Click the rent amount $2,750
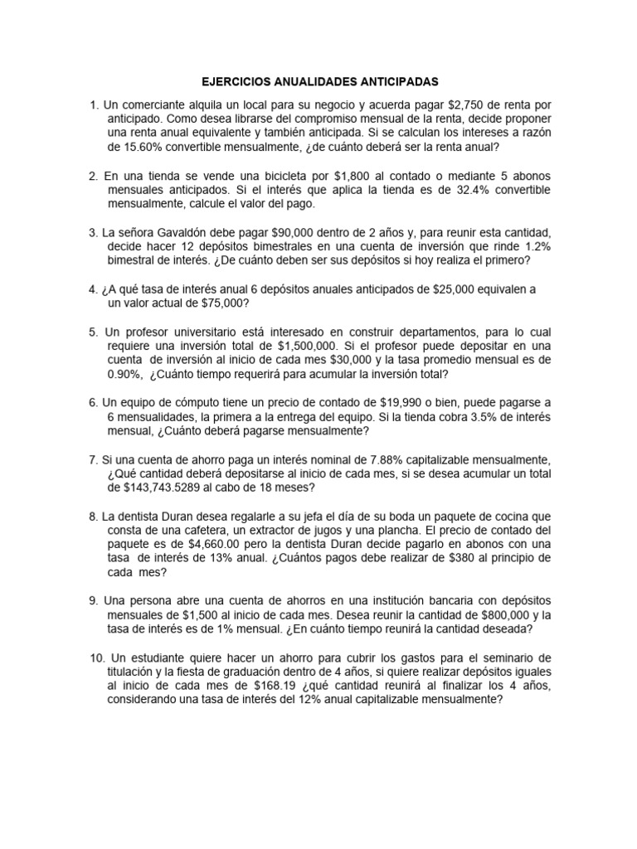[x=469, y=105]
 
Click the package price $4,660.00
[x=216, y=544]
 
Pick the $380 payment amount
[x=411, y=558]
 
